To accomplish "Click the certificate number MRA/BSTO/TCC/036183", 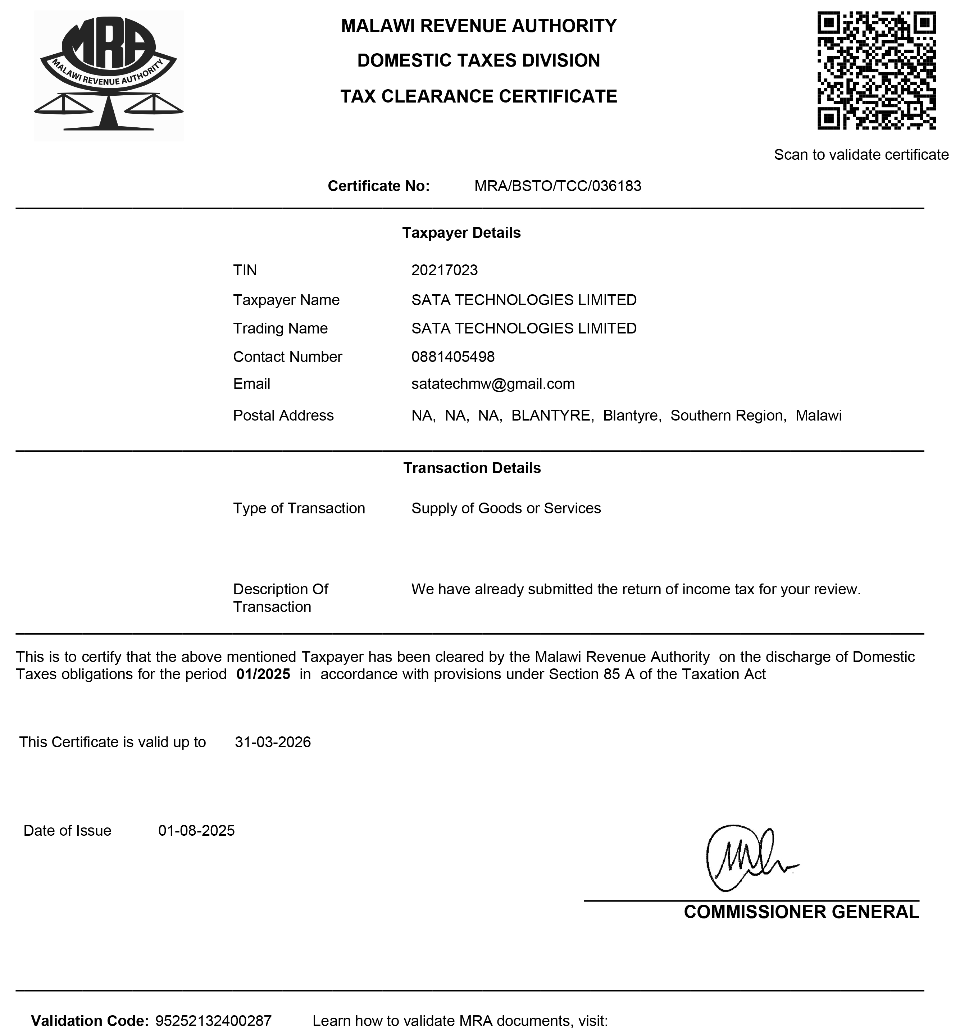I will point(558,186).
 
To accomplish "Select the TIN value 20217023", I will point(444,270).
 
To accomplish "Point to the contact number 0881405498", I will point(452,357).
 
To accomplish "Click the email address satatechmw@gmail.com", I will point(492,384).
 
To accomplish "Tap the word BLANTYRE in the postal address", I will point(552,416).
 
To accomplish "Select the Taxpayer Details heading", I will point(461,233).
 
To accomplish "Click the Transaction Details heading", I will point(472,468).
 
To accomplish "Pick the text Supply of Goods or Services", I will point(506,508).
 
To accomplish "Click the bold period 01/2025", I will point(263,675).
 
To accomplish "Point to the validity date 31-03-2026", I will point(273,742).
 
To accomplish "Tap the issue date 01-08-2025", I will point(196,830).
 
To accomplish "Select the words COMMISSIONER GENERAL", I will point(801,912).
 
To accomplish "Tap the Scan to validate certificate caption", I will point(861,155).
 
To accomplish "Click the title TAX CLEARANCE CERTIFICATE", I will point(478,97).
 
